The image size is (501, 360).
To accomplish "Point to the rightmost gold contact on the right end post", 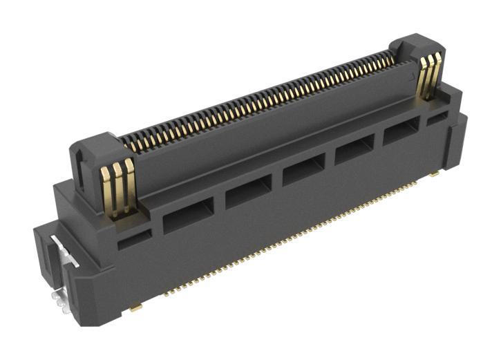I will click(x=435, y=75).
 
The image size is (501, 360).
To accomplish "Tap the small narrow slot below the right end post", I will click(x=436, y=120).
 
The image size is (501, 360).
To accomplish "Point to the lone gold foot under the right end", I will click(x=433, y=175).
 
